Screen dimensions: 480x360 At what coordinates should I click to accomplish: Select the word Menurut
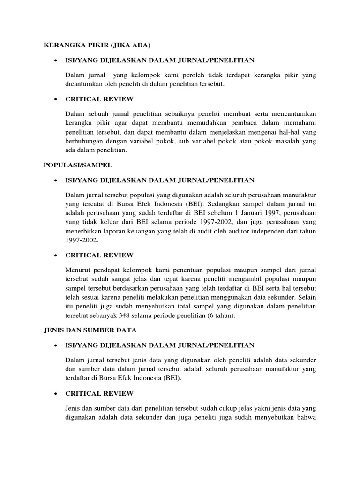pyautogui.click(x=79, y=270)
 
